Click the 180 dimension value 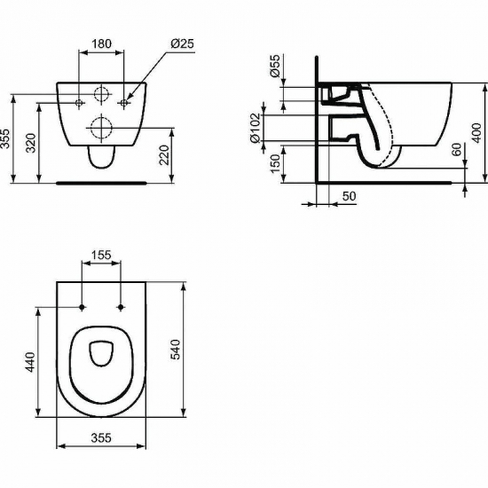coord(101,43)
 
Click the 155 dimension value coord(101,256)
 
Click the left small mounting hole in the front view coord(81,103)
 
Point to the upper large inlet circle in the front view coord(102,93)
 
